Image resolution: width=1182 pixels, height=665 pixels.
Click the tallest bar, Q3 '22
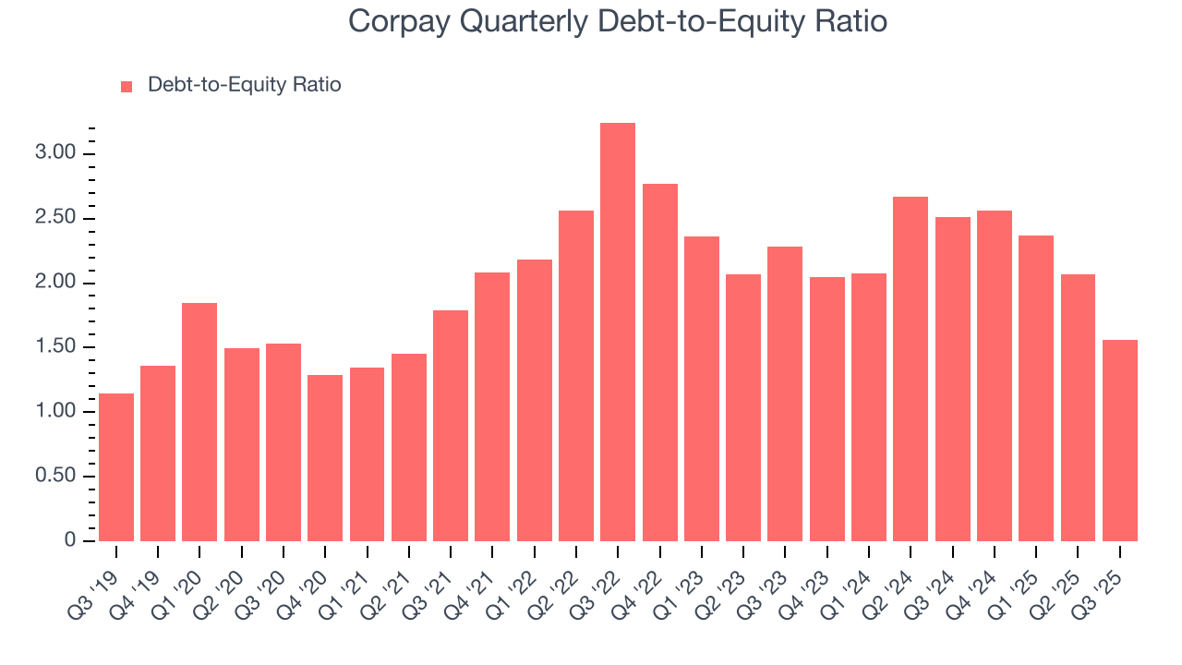618,332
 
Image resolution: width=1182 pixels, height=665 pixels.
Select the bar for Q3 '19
116,467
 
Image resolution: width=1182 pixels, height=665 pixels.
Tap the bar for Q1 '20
199,422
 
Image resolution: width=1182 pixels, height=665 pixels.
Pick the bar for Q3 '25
1120,441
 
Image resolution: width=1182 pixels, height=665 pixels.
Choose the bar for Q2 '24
911,369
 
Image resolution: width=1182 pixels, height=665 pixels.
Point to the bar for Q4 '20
325,458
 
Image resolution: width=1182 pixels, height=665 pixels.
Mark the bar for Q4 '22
660,362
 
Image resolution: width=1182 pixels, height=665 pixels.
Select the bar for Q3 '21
451,426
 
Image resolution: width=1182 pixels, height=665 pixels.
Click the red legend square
127,87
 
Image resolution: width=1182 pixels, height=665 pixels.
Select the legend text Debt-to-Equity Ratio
245,86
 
